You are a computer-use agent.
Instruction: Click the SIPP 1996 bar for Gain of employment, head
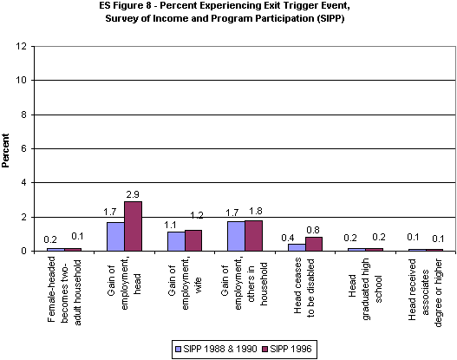click(133, 226)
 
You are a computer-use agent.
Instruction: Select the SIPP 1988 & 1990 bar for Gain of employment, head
click(115, 237)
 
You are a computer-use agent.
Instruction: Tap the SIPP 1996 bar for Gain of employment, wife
click(193, 240)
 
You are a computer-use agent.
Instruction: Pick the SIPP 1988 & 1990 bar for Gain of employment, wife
click(175, 241)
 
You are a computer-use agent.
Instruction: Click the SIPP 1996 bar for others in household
click(253, 236)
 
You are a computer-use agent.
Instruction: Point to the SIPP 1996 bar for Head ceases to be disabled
click(314, 244)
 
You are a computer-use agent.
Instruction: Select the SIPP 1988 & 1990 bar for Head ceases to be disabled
click(297, 247)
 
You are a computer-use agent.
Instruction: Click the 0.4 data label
click(296, 235)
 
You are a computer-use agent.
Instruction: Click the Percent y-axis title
click(7, 147)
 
